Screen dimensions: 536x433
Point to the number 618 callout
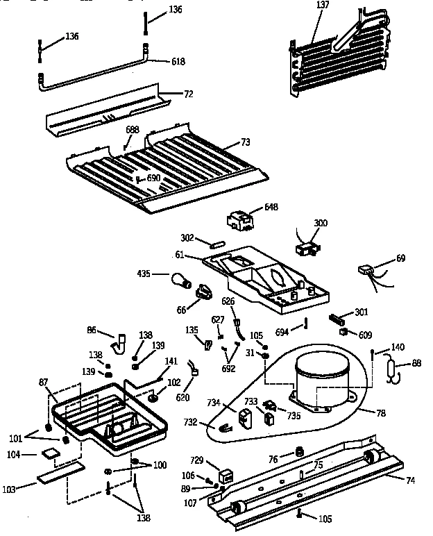178,62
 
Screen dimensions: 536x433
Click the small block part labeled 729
226,478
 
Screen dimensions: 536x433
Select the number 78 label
381,413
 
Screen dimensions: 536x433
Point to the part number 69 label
400,258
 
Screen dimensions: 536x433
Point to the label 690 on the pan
153,178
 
